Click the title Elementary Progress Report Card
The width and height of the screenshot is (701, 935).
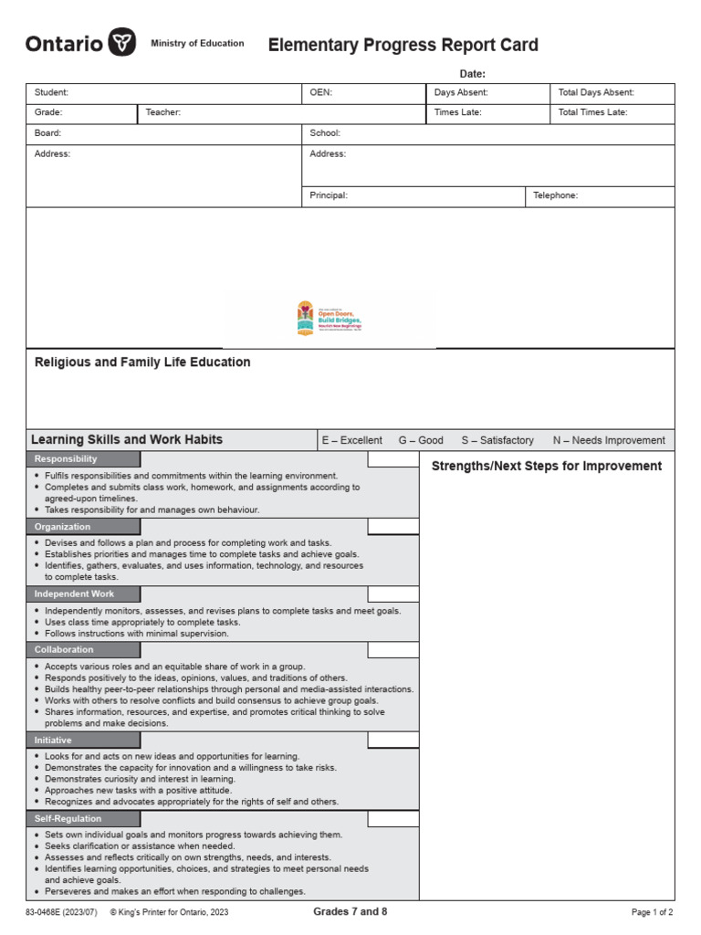[403, 45]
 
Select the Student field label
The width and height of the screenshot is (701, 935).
[51, 92]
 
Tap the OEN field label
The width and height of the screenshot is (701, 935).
[320, 92]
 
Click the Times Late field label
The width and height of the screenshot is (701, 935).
[457, 112]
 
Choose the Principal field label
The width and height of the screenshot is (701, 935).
[329, 195]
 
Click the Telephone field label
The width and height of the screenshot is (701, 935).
[555, 195]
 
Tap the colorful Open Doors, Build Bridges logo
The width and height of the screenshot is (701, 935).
[330, 320]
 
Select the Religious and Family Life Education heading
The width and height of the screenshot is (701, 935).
[142, 362]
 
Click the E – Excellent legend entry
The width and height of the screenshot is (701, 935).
[351, 440]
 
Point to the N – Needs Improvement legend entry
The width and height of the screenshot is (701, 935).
[609, 440]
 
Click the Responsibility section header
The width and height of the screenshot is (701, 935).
[66, 459]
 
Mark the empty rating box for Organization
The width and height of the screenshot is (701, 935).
[393, 527]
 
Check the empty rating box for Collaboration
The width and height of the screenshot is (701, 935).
[393, 650]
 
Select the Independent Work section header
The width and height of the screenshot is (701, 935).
[75, 594]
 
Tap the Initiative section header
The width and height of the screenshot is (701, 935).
[53, 740]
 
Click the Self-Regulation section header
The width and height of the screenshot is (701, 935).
[68, 818]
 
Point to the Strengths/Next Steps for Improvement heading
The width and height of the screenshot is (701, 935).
[547, 467]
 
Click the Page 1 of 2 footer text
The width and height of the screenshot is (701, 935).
[652, 912]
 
